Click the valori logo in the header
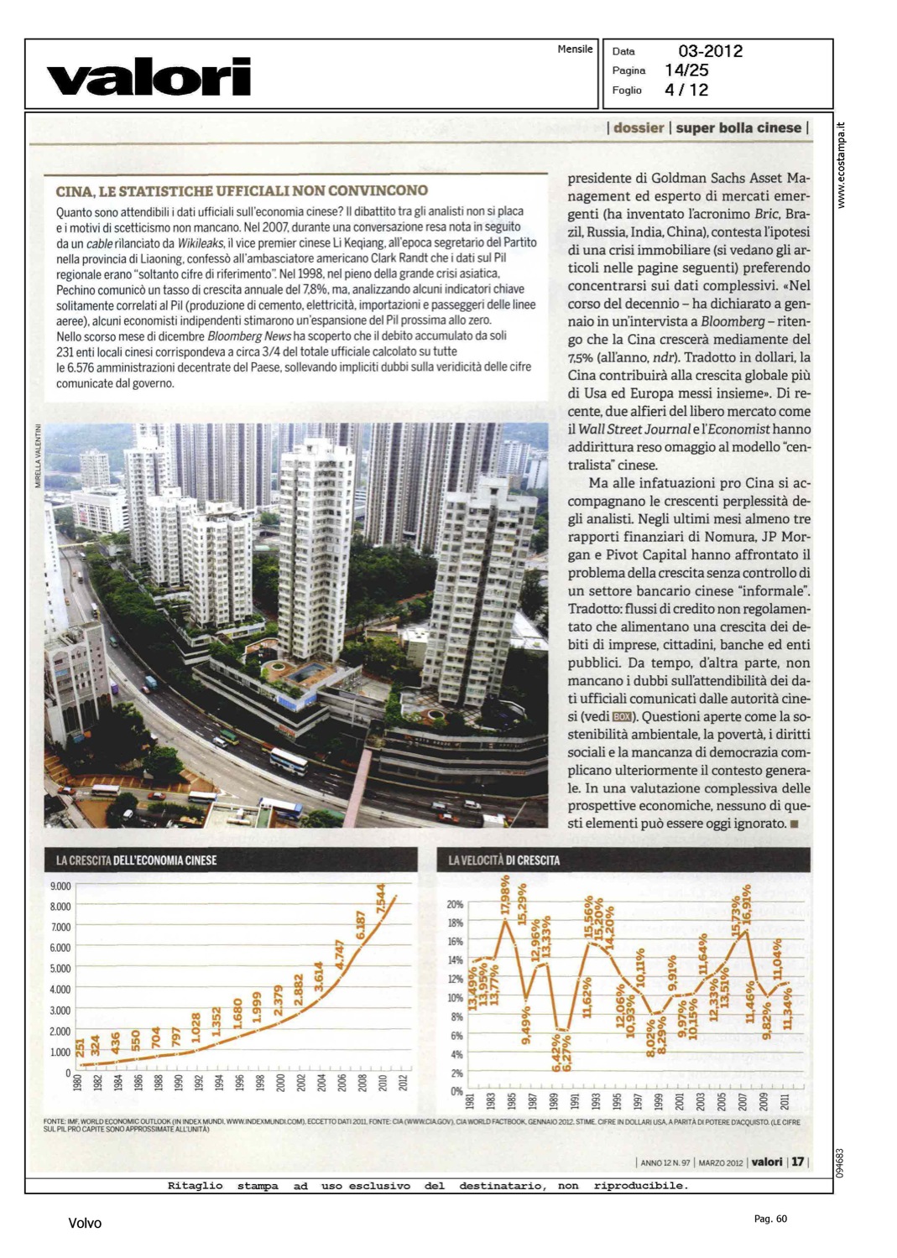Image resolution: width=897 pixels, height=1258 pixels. point(149,76)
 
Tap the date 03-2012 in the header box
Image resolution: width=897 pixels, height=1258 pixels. point(710,51)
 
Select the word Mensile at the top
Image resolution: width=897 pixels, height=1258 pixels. point(575,49)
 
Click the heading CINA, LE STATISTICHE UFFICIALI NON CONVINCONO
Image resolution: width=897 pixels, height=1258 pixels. point(242,191)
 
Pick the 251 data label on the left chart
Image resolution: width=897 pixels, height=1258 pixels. point(80,1047)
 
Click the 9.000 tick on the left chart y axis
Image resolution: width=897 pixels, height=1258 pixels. point(60,886)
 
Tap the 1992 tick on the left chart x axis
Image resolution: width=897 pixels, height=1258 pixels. point(199,1083)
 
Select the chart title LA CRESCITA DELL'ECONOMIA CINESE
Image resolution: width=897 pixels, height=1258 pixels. point(136,860)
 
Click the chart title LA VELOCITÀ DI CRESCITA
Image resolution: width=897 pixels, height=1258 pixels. point(503,860)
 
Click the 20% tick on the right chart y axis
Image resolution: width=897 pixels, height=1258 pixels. point(455,905)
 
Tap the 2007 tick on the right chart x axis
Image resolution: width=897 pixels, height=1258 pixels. point(742,1101)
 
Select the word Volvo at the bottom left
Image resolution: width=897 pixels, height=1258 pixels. point(85,1224)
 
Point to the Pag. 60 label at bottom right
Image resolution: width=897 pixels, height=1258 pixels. point(770,1219)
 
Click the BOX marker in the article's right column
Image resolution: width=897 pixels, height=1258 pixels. point(622,716)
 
